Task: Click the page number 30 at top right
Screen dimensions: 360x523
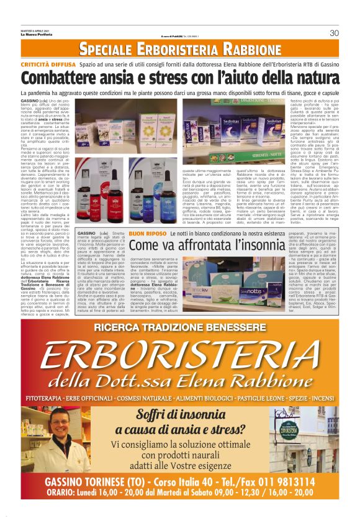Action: coord(334,33)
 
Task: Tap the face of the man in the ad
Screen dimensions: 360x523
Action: coord(61,430)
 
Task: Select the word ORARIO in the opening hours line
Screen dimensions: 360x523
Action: coord(60,493)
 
